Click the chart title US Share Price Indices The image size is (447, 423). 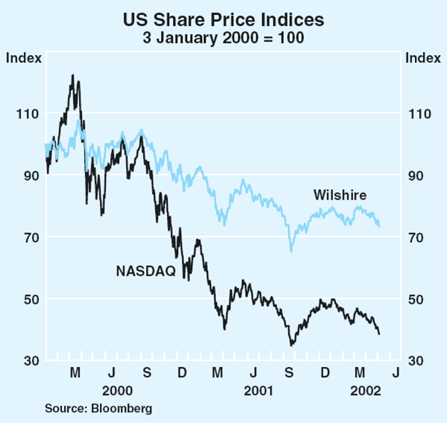coord(223,15)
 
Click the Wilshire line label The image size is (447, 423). coord(340,195)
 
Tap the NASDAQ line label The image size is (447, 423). coord(145,271)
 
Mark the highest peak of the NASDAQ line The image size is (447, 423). coord(72,75)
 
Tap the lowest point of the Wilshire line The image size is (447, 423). coord(291,252)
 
